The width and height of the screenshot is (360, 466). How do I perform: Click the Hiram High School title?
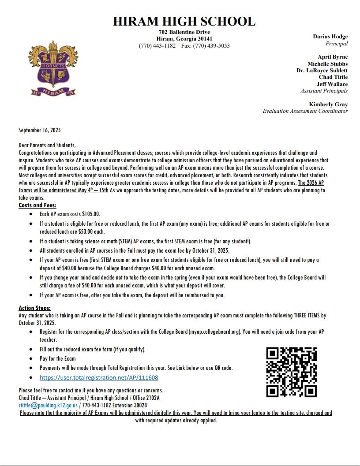point(184,21)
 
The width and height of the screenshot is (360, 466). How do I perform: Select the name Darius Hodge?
point(330,37)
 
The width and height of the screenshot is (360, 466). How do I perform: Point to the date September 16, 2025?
point(39,130)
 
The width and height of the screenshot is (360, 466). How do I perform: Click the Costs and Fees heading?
point(37,205)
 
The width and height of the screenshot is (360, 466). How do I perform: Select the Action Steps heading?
point(34,308)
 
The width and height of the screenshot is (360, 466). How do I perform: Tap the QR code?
point(291,372)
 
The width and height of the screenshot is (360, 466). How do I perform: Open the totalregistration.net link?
point(99,378)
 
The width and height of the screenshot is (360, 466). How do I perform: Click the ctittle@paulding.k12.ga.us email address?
point(48,405)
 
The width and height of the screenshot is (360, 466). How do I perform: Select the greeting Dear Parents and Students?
point(47,145)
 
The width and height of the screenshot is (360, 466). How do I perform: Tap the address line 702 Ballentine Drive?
point(184,32)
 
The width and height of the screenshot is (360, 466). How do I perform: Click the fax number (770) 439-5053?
point(213,46)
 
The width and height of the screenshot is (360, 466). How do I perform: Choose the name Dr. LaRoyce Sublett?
point(322,71)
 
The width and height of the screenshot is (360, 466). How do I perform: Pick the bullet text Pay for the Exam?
point(57,358)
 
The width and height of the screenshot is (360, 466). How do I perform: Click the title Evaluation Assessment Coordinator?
point(305,111)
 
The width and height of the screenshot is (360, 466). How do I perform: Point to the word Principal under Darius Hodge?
point(337,44)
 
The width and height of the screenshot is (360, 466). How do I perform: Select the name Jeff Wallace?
point(332,84)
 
